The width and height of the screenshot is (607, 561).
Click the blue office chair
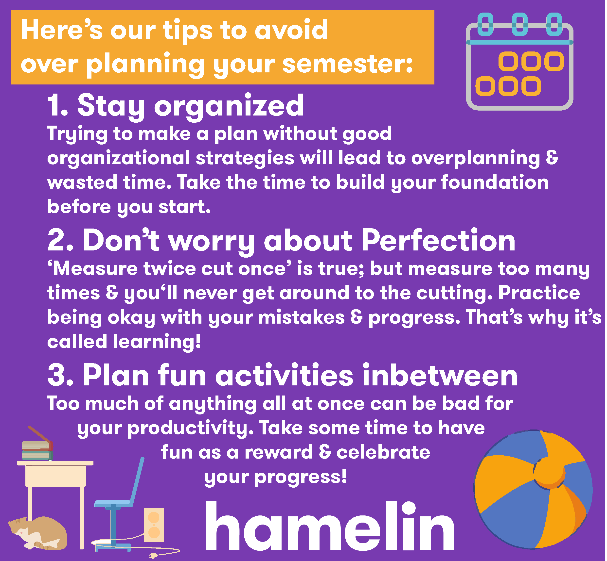[x=119, y=504]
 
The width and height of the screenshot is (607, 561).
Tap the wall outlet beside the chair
[x=154, y=524]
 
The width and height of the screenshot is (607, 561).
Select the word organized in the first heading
[x=229, y=106]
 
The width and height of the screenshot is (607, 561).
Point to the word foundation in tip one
[x=495, y=182]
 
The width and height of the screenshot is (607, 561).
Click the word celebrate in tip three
[x=383, y=452]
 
